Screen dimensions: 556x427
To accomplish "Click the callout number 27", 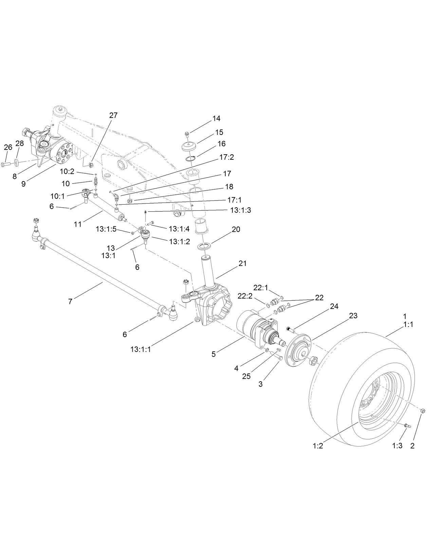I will click(113, 115).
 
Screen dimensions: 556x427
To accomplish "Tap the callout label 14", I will click(216, 119).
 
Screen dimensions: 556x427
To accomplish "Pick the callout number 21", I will click(242, 263).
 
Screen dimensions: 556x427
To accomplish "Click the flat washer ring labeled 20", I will click(205, 245).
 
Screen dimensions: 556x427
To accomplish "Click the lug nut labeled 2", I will click(423, 411).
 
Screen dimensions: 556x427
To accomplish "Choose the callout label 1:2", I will click(318, 446).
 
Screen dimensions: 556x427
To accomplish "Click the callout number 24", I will click(334, 306).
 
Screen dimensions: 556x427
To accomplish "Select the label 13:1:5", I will click(106, 229).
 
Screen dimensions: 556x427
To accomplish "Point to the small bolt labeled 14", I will click(187, 133).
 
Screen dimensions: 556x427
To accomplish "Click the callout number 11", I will click(78, 224).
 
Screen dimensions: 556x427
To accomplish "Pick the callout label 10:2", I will click(67, 172).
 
